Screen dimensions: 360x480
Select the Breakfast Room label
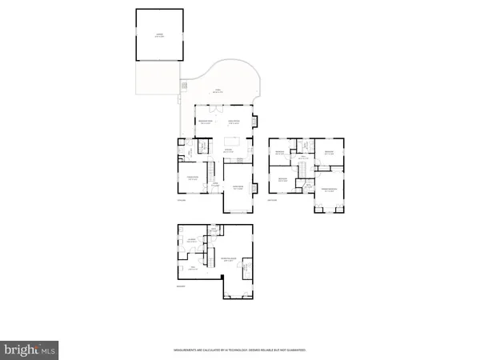tap(206, 122)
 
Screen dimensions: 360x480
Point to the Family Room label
tap(234, 122)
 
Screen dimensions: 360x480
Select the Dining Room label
tap(192, 178)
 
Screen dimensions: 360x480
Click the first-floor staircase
tap(212, 170)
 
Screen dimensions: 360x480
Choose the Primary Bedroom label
tap(330, 189)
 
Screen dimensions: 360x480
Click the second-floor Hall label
tap(304, 158)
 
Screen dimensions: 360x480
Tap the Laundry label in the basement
tap(192, 240)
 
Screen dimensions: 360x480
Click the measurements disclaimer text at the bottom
tap(239, 350)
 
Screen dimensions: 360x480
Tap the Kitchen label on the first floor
tap(228, 150)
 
